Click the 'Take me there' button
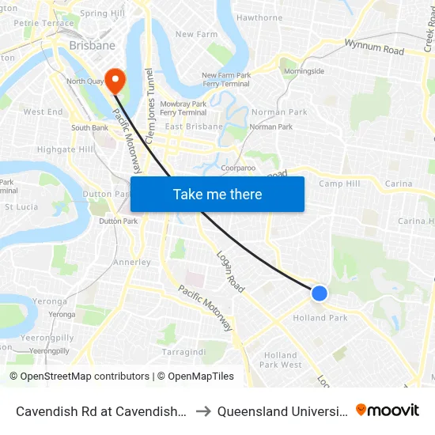217,194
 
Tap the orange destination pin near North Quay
115,79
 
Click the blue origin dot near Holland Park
319,293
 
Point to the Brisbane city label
93,46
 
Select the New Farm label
196,34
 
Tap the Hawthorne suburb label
259,17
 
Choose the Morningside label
304,71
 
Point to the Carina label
399,183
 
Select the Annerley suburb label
132,262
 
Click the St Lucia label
21,207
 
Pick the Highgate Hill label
65,149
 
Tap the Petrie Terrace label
32,23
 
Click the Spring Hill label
103,13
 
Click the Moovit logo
388,410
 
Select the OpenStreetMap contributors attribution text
79,376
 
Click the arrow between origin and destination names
202,410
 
